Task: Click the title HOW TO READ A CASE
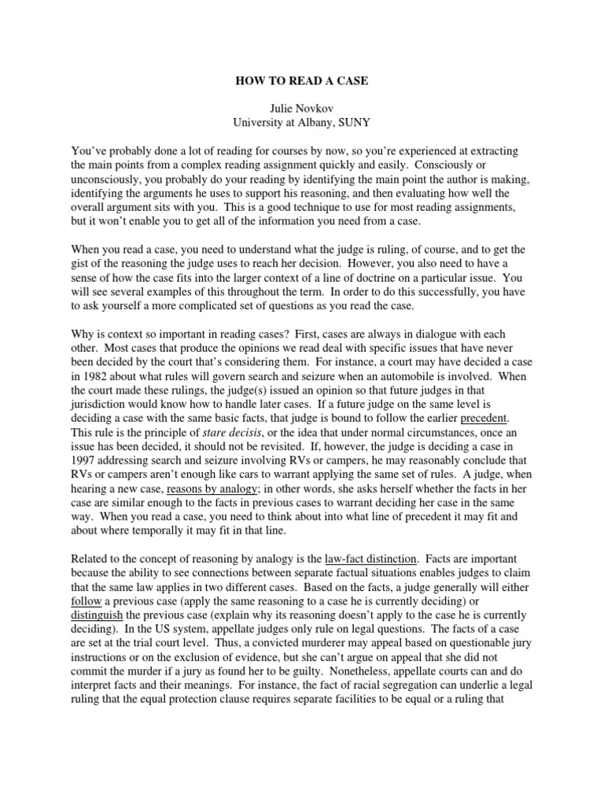coord(302,80)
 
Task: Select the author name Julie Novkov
coord(302,109)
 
